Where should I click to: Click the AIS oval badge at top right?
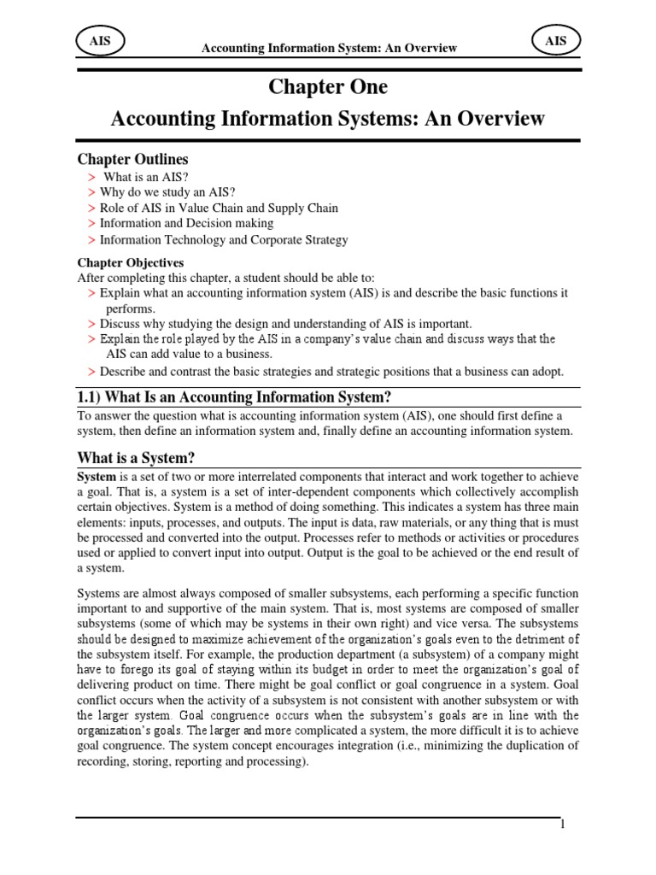click(557, 39)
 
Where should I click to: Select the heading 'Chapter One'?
click(328, 87)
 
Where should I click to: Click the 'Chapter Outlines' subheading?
click(133, 160)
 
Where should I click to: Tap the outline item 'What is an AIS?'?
click(145, 177)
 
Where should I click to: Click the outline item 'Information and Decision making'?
click(186, 224)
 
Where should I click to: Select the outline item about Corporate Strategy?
click(224, 240)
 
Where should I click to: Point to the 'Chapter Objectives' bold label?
click(131, 262)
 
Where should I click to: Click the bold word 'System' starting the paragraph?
click(96, 476)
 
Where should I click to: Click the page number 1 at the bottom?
click(564, 824)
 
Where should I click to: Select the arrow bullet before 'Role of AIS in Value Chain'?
click(91, 208)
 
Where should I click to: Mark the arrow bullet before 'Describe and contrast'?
click(91, 372)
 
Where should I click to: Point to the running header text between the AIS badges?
click(329, 49)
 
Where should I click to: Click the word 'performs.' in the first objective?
click(131, 308)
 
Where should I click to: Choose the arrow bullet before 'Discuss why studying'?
click(91, 325)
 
